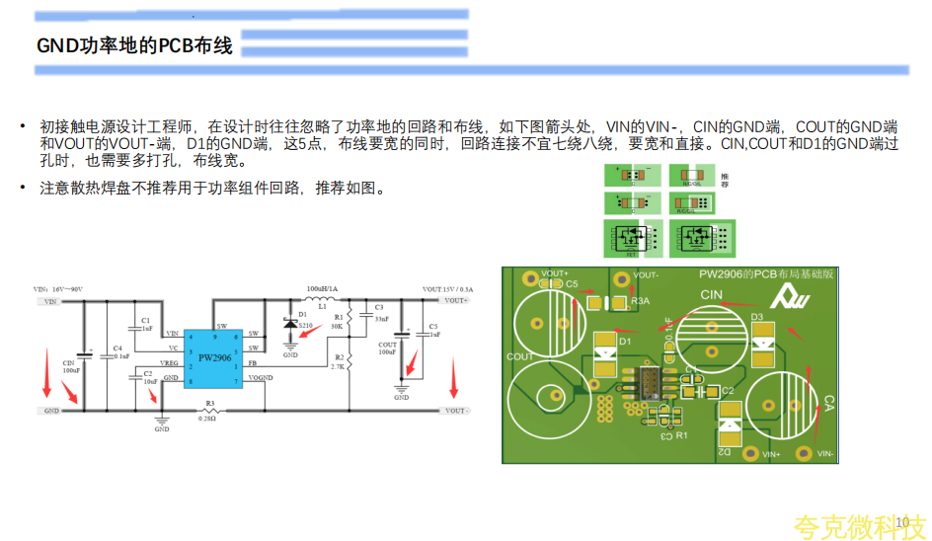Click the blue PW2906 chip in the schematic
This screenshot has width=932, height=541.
pyautogui.click(x=213, y=358)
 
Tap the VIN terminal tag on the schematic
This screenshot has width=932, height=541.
pyautogui.click(x=49, y=302)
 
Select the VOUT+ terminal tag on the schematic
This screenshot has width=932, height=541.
pyautogui.click(x=456, y=300)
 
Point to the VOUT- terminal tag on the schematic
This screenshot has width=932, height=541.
pyautogui.click(x=456, y=410)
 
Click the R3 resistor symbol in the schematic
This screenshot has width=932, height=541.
pyautogui.click(x=209, y=410)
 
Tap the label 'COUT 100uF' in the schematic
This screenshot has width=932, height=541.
pyautogui.click(x=387, y=348)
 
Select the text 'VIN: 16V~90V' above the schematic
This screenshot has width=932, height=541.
pyautogui.click(x=58, y=289)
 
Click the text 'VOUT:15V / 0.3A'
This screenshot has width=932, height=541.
pyautogui.click(x=446, y=289)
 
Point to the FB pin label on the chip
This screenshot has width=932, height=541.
pyautogui.click(x=253, y=363)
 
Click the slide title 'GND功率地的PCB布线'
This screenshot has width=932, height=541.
pyautogui.click(x=134, y=46)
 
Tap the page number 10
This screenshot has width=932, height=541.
pyautogui.click(x=900, y=522)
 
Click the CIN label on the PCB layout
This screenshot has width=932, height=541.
pyautogui.click(x=712, y=295)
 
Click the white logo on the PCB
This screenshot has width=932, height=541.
pyautogui.click(x=791, y=293)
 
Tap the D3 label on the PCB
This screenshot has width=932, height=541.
pyautogui.click(x=757, y=317)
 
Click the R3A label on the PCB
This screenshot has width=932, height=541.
pyautogui.click(x=639, y=300)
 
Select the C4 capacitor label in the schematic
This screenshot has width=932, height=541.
pyautogui.click(x=117, y=348)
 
